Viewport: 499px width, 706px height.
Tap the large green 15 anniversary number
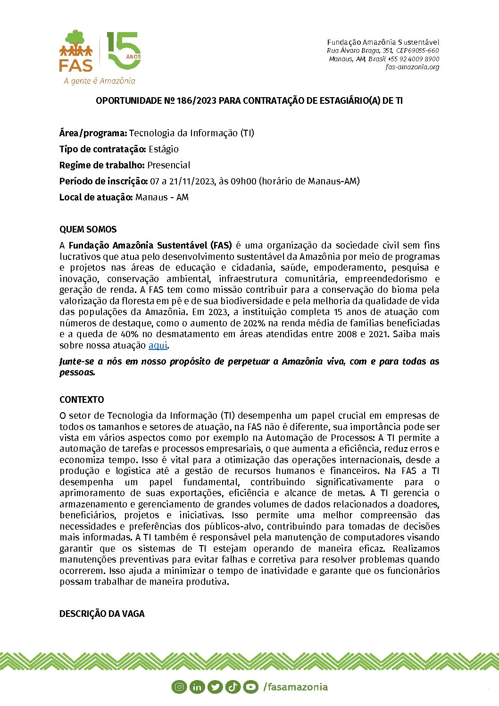point(124,51)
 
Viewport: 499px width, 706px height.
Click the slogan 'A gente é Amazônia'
point(100,81)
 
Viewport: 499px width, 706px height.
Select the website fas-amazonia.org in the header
point(412,67)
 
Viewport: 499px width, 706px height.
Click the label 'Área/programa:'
point(93,133)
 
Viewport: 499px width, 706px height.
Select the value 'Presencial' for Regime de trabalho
point(169,165)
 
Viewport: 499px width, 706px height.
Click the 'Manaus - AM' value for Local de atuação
point(162,197)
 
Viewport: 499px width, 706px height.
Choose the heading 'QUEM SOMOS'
point(88,230)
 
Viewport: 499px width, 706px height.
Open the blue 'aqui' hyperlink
point(158,345)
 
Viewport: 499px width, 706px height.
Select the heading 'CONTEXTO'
point(82,399)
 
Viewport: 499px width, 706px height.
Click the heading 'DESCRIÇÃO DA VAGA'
point(102,614)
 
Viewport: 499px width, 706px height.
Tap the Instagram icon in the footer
point(179,687)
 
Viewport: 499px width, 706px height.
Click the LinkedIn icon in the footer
point(197,687)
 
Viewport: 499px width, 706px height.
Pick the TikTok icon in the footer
point(233,687)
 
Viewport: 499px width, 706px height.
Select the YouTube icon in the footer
point(250,687)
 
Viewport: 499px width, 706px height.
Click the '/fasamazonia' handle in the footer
point(295,687)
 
